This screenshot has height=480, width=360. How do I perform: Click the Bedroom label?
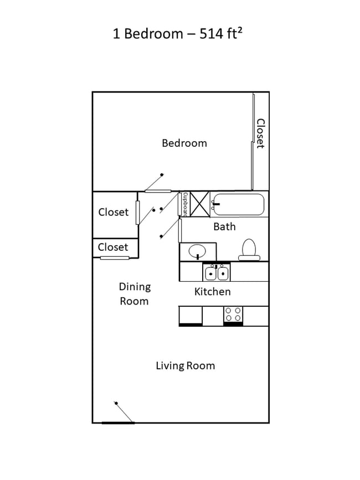pos(184,143)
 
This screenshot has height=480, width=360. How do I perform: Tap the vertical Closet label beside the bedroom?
pos(260,133)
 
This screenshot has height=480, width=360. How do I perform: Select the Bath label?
pos(224,226)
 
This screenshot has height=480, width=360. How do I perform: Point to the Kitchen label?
pos(212,291)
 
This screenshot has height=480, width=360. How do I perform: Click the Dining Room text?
pos(134,294)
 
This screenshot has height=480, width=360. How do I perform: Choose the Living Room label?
pos(185,365)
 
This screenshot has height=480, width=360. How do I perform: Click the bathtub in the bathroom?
pos(238,204)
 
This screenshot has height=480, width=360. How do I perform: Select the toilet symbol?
pos(249,250)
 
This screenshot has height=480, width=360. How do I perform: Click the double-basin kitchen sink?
pos(217,273)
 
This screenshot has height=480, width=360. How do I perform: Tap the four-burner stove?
pos(233,314)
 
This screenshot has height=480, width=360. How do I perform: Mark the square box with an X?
pos(200,203)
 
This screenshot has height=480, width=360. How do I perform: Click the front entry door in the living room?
pos(119,422)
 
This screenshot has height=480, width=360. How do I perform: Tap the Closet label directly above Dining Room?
pos(113,247)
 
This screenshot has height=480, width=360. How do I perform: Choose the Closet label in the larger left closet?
pos(113,212)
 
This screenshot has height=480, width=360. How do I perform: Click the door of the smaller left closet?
pos(115,258)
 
